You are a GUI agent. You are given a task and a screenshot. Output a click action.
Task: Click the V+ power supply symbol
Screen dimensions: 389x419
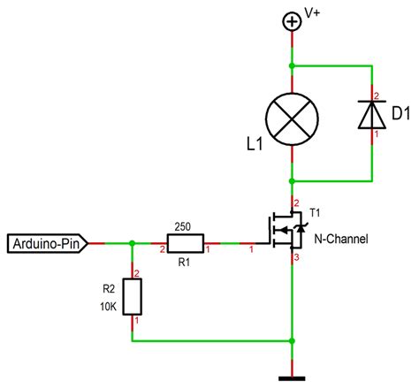292,21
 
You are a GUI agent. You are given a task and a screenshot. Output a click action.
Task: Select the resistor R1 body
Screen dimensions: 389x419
185,241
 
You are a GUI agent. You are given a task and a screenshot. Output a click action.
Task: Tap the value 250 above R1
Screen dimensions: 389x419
184,225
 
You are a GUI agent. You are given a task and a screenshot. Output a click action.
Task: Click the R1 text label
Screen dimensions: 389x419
184,262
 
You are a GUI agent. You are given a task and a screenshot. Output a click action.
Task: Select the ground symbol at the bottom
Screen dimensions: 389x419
292,378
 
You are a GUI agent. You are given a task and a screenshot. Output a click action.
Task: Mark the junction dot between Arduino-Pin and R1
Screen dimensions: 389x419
133,241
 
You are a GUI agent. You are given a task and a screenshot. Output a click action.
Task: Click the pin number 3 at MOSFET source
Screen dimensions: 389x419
298,257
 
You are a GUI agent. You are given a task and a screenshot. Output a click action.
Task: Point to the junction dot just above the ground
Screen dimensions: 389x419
292,340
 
